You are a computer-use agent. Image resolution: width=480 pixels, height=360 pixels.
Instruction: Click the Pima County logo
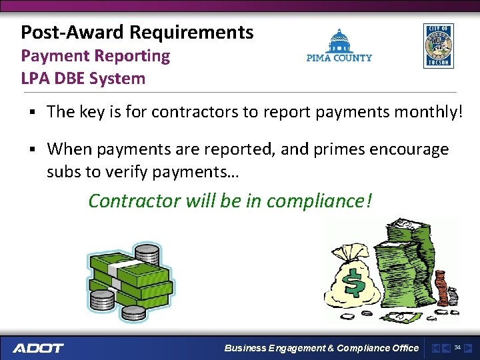pos(339,46)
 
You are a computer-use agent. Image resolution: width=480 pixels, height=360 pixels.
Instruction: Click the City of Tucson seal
pos(438,46)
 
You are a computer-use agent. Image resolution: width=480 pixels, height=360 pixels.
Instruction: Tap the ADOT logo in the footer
pos(38,348)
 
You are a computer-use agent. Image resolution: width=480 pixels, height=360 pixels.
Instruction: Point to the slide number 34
pos(457,347)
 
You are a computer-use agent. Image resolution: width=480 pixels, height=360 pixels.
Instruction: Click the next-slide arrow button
pos(468,348)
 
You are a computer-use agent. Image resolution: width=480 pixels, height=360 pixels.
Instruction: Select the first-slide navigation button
pos(435,348)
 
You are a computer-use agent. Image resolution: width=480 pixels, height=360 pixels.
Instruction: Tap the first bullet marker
pos(32,113)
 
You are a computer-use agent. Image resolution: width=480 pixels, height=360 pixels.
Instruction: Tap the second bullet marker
pos(32,149)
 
